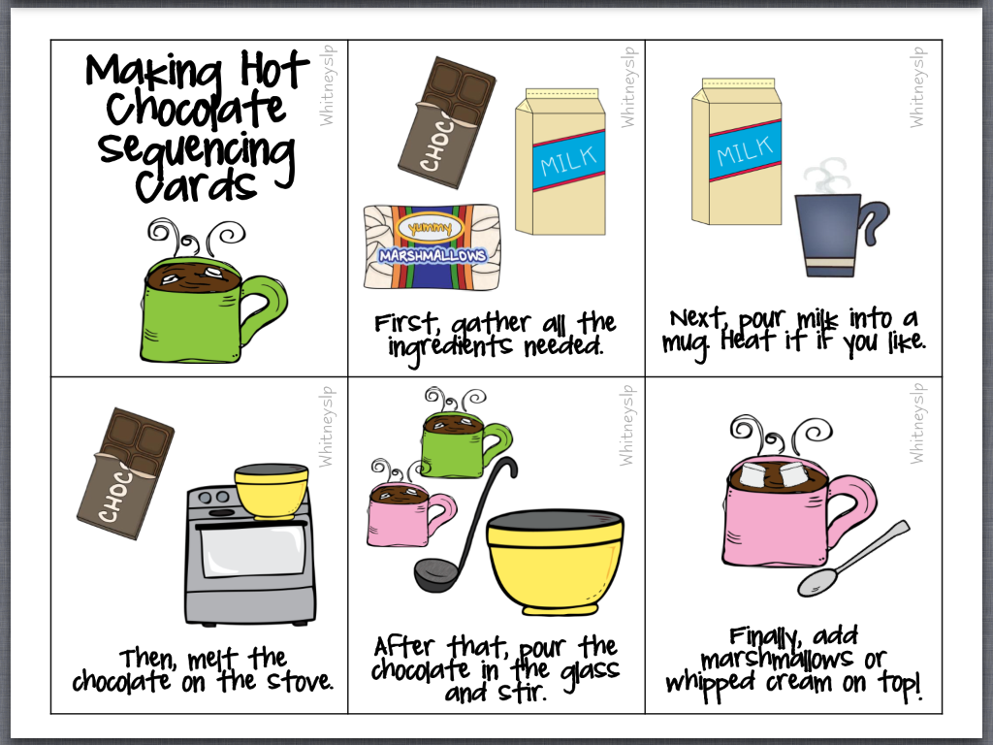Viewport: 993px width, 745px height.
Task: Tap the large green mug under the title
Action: pos(203,310)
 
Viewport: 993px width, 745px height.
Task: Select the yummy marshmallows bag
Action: pos(432,246)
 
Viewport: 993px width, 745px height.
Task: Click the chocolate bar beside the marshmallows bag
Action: pos(446,122)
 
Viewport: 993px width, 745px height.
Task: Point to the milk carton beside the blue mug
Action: pos(737,152)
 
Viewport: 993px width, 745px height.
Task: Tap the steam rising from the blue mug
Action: pos(825,175)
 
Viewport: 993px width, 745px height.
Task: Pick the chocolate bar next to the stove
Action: pos(125,473)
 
